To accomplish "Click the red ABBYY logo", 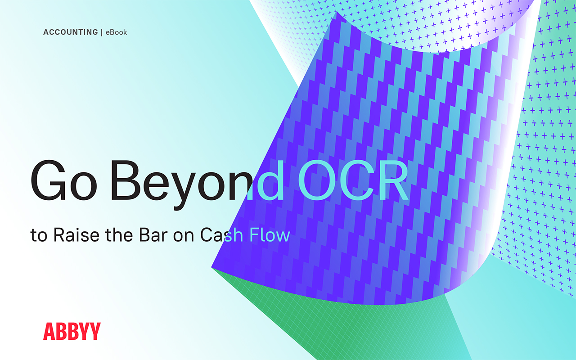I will (72, 331).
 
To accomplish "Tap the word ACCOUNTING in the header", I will (70, 32).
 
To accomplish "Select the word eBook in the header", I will (116, 32).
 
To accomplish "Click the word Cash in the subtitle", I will (218, 235).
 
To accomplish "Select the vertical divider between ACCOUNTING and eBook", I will (102, 32).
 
